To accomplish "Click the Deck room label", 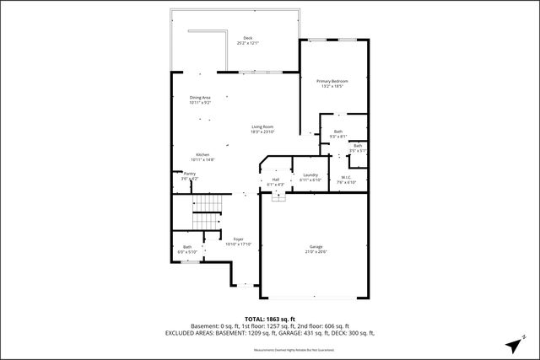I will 247,38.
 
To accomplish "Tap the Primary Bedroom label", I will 332,81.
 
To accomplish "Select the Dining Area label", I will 200,98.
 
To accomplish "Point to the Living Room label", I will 262,126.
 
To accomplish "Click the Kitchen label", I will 203,154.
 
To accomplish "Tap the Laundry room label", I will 310,175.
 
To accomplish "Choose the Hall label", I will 275,180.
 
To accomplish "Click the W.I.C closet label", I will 346,177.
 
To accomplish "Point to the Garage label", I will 315,246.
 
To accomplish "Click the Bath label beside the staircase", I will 186,247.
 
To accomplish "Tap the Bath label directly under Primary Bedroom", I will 337,132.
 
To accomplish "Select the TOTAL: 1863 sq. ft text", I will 269,318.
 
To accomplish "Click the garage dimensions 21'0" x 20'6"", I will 315,251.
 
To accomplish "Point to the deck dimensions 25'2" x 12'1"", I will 247,43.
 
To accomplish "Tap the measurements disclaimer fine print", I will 269,348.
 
